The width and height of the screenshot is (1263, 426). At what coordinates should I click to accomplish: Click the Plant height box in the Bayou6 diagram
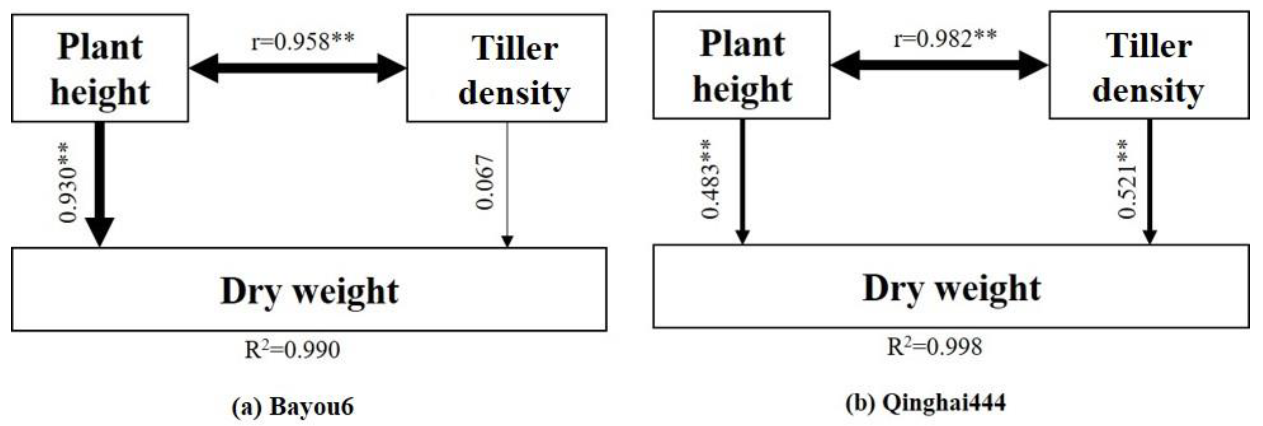pos(100,68)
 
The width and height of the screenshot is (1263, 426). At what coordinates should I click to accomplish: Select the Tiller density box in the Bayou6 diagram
pos(507,68)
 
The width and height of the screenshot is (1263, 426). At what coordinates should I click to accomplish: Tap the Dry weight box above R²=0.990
pos(309,290)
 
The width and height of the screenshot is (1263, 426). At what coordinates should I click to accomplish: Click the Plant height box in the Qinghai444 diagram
pos(741,65)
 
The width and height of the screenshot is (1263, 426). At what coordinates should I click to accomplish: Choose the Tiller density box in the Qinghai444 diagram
pos(1149,65)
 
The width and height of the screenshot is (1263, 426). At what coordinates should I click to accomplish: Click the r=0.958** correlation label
pos(303,41)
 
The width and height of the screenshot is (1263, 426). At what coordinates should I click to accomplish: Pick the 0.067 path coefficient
pos(485,183)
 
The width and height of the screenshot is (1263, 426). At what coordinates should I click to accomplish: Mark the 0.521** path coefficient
pos(1127,179)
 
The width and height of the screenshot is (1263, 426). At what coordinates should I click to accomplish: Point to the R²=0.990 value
pos(292,349)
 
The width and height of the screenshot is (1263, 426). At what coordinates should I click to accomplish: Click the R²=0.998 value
pos(935,347)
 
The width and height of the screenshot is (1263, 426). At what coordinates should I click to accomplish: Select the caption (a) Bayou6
pos(292,406)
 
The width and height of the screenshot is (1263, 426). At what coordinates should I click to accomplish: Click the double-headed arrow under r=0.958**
pos(298,68)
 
